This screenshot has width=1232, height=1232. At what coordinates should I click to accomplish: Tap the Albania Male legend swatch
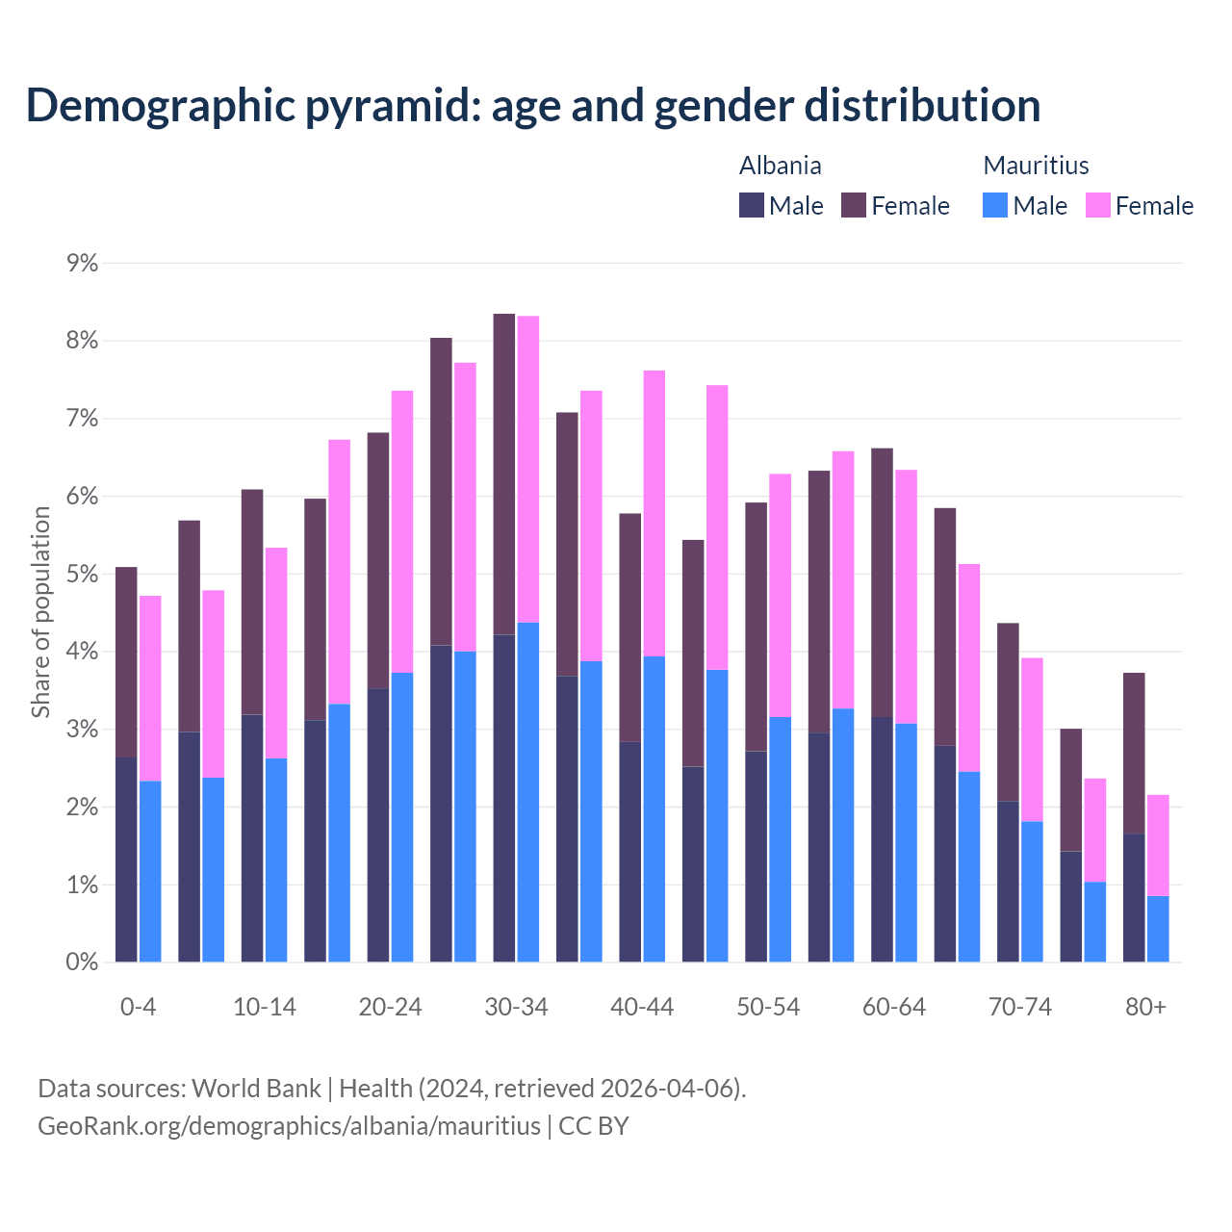(752, 205)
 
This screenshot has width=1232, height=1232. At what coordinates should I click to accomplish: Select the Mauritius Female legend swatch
(1098, 205)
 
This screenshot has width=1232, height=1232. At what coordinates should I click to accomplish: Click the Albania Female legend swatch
(854, 205)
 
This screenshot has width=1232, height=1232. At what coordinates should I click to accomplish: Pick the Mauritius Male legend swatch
(995, 205)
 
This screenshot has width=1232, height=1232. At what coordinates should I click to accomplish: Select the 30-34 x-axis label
(516, 1007)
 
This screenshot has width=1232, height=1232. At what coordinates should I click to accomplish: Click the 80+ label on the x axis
(1145, 1007)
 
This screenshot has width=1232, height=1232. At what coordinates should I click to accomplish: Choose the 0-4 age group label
(138, 1007)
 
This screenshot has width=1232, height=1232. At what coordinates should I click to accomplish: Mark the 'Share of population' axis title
(40, 612)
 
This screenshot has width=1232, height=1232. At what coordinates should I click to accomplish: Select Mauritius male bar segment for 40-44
(654, 808)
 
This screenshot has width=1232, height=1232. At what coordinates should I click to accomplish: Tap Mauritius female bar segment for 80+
(1158, 845)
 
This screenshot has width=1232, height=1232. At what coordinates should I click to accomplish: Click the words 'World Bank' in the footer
(256, 1089)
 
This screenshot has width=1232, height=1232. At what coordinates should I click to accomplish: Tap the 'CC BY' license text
(594, 1126)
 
